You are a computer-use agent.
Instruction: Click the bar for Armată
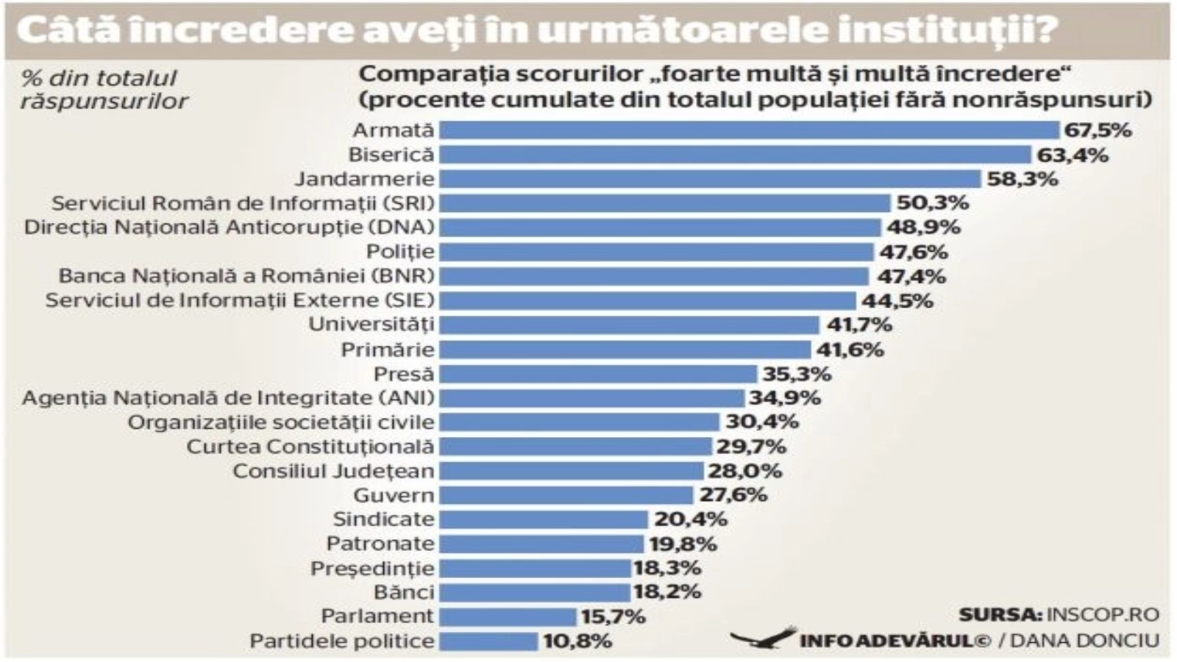coord(749,130)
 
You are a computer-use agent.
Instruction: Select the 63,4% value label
coord(1072,155)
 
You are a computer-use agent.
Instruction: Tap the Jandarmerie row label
coord(365,179)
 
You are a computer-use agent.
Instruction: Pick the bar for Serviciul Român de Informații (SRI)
coord(665,203)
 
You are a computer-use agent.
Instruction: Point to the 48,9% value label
coord(923,227)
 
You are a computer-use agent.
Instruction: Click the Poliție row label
coord(400,252)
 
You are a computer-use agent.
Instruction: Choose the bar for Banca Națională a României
coord(654,277)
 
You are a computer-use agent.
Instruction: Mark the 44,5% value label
coord(897,301)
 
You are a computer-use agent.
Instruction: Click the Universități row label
coord(371,324)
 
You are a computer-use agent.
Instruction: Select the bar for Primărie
coord(625,349)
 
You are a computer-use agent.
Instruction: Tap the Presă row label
coord(404,374)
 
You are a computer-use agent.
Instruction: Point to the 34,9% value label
coord(785,398)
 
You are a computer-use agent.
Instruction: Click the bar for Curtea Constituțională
coord(575,446)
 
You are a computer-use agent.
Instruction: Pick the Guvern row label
coord(394,495)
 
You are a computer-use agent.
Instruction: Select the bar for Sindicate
coord(544,519)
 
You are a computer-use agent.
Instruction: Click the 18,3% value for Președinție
coord(667,568)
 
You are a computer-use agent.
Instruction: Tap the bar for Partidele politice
coord(488,641)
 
